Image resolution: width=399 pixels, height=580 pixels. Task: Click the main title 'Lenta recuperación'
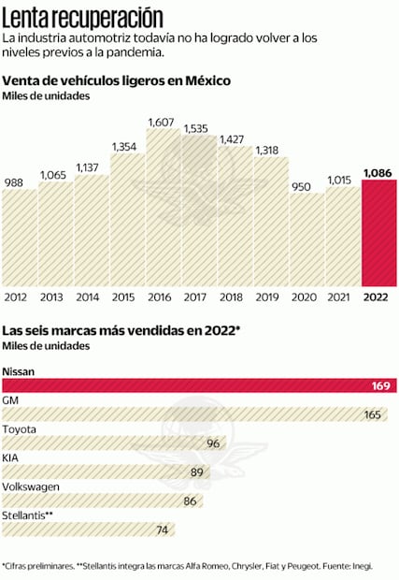[82, 16]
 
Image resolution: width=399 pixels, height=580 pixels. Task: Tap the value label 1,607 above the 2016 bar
[163, 122]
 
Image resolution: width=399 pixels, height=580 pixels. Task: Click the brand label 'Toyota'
[20, 429]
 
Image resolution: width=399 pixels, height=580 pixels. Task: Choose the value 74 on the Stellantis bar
[162, 530]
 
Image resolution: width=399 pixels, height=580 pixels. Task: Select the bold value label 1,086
[378, 172]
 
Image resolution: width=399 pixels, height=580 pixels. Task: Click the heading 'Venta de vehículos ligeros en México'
[117, 81]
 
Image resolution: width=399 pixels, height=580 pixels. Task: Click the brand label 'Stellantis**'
[27, 515]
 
